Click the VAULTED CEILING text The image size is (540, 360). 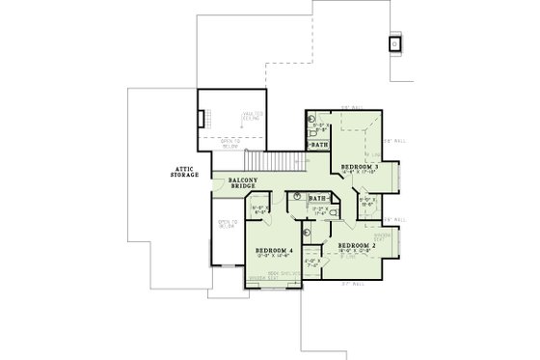253,115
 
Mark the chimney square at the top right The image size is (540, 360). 394,43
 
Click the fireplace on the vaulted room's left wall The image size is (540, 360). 202,120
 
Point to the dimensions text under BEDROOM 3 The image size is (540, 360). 358,174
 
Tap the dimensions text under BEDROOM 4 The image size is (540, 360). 274,258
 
